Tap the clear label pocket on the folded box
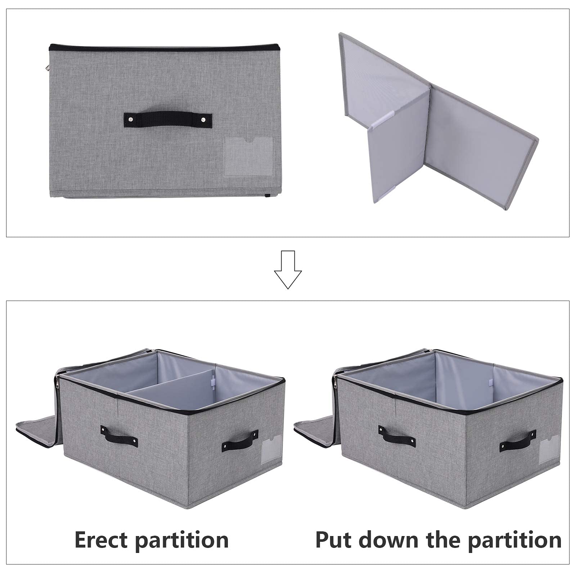(x=248, y=157)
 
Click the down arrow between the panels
(x=288, y=270)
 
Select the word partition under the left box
(x=181, y=541)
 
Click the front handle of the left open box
(x=119, y=436)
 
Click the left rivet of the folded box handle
(x=130, y=119)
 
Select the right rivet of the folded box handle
(x=203, y=119)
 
